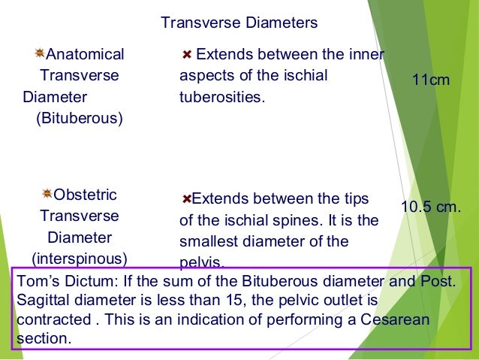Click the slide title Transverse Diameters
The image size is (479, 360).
(x=239, y=23)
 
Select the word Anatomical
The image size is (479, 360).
(x=85, y=54)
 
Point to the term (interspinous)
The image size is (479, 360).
(x=79, y=259)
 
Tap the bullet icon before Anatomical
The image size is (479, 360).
(x=40, y=53)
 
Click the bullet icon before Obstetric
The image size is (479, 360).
(x=47, y=194)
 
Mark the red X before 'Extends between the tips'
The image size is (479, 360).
(x=187, y=199)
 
